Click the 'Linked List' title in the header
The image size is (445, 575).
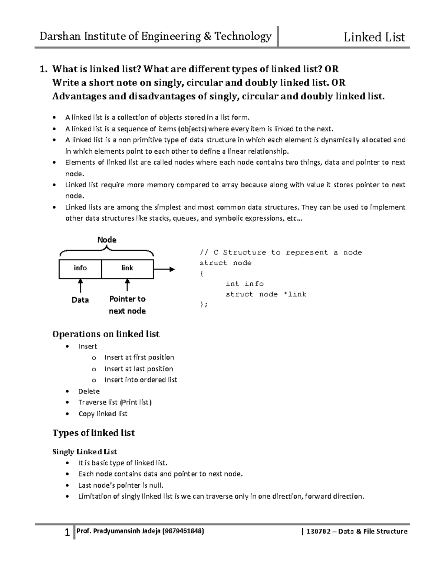click(x=374, y=37)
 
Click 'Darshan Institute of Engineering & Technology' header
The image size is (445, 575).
click(x=156, y=36)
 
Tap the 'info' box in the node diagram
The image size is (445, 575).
click(x=80, y=268)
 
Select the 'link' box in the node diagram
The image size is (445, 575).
click(x=127, y=268)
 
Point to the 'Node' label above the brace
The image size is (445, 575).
click(x=107, y=240)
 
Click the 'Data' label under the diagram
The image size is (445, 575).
click(x=80, y=300)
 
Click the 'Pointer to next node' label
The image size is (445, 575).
click(x=127, y=305)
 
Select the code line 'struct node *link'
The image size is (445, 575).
click(x=266, y=294)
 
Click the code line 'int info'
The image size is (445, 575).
click(x=245, y=284)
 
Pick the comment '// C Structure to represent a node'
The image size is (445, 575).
click(x=281, y=253)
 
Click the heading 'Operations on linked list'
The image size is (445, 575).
click(x=106, y=334)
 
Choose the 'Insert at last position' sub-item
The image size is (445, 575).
click(x=139, y=369)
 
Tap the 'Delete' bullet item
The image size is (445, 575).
click(x=89, y=391)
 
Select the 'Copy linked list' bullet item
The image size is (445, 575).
click(x=103, y=414)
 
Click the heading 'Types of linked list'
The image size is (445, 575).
click(x=94, y=433)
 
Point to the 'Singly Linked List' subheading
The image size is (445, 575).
click(x=85, y=452)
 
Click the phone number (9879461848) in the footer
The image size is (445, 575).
click(x=181, y=531)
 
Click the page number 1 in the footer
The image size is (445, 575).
click(x=67, y=533)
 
